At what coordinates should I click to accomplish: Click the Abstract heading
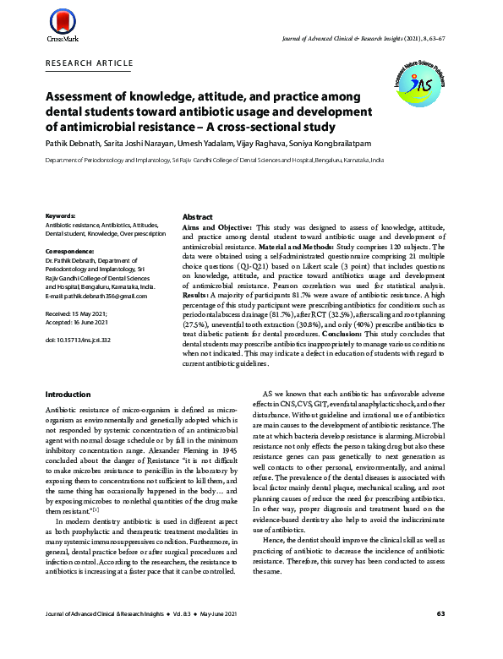click(197, 216)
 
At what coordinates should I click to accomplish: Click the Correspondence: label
click(70, 252)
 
